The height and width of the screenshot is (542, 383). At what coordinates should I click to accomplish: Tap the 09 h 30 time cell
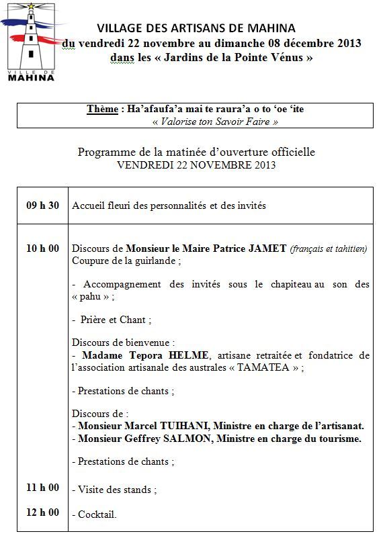(42, 206)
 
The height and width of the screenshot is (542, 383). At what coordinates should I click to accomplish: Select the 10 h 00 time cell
(42, 249)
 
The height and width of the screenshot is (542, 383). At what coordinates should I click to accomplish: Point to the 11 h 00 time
(42, 488)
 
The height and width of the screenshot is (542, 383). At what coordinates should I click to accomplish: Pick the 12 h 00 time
(42, 512)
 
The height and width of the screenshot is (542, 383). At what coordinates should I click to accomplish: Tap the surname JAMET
(271, 249)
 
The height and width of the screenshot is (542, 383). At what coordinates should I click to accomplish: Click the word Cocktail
(97, 515)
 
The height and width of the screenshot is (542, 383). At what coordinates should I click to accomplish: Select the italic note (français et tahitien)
(329, 249)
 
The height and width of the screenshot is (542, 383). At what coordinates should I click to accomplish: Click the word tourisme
(337, 439)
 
